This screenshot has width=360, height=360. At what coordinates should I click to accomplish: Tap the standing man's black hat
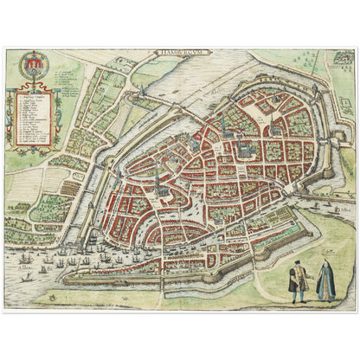[x=296, y=261]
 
